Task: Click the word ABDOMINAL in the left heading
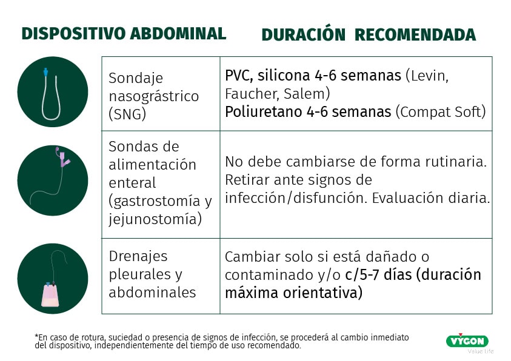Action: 178,33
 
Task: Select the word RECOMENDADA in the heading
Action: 415,35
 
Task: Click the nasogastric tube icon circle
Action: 53,92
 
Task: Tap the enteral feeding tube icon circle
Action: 53,180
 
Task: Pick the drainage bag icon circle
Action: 53,279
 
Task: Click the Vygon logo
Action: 467,341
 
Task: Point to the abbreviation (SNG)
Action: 127,114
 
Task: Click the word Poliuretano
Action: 264,111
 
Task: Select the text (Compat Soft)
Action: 441,112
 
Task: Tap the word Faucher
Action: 252,94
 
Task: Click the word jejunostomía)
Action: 155,219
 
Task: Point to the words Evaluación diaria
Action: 431,198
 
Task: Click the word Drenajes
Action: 138,257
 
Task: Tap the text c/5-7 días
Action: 378,275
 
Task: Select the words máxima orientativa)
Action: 293,293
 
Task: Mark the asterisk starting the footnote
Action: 36,336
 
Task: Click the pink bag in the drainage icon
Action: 50,296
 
